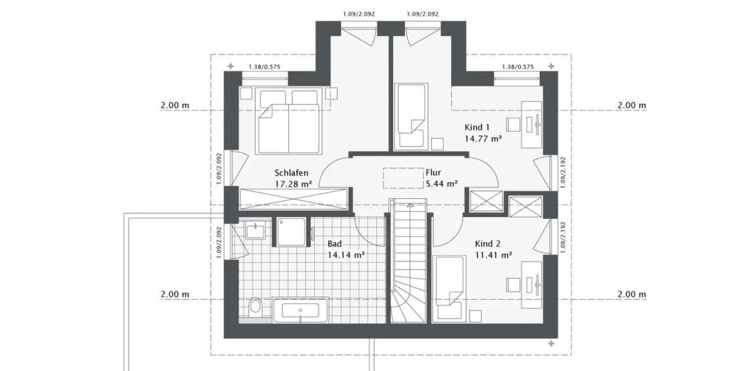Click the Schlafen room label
pyautogui.click(x=291, y=173)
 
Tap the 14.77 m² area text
pyautogui.click(x=483, y=139)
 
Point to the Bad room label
pyautogui.click(x=335, y=244)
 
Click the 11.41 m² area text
pyautogui.click(x=493, y=254)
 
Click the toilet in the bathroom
pyautogui.click(x=255, y=307)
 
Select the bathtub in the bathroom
pyautogui.click(x=300, y=310)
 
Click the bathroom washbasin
pyautogui.click(x=256, y=231)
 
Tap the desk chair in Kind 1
pyautogui.click(x=513, y=123)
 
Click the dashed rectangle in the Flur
pyautogui.click(x=402, y=178)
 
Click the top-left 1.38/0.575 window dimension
pyautogui.click(x=264, y=67)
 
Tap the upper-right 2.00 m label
pyautogui.click(x=631, y=106)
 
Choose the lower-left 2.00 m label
pyautogui.click(x=174, y=294)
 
